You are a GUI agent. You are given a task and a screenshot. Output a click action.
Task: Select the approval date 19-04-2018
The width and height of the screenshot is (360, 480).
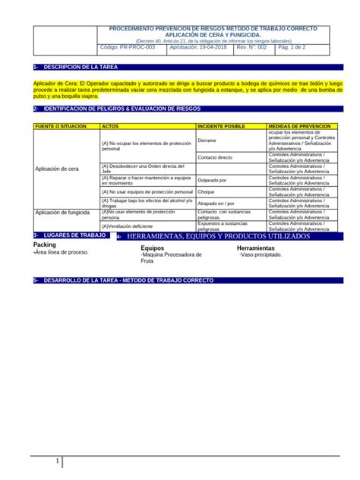point(199,47)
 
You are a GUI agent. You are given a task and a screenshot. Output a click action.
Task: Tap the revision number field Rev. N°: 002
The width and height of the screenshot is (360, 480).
point(251,47)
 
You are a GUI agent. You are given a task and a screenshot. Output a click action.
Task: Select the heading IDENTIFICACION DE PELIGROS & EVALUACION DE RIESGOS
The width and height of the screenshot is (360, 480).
point(112,109)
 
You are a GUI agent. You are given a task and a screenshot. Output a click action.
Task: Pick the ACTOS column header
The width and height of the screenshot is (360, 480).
point(110,125)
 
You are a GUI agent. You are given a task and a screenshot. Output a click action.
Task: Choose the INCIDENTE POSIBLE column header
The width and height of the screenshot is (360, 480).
point(221,125)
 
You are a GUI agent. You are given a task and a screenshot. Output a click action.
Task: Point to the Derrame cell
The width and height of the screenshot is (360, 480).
point(207,141)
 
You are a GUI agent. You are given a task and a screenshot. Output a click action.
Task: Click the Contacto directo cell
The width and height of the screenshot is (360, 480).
point(215,157)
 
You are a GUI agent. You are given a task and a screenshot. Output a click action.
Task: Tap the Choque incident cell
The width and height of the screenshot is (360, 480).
point(207,192)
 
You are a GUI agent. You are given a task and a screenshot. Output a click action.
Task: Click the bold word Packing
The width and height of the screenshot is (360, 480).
point(45,245)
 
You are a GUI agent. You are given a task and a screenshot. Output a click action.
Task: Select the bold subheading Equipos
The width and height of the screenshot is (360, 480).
point(153,248)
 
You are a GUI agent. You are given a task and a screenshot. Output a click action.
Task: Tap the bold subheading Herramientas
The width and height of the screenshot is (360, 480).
point(256,248)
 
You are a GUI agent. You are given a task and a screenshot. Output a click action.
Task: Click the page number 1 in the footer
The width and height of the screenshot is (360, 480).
point(56,463)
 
